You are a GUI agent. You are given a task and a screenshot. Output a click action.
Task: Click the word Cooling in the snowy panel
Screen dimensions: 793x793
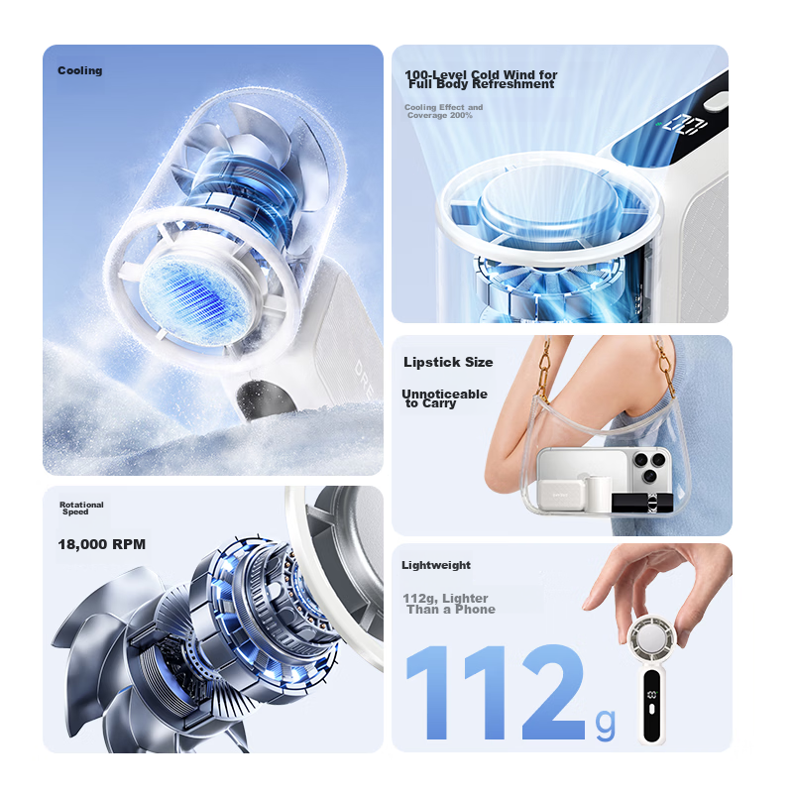pyautogui.click(x=80, y=70)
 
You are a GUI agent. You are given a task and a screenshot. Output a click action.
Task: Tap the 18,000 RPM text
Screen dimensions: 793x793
pyautogui.click(x=102, y=544)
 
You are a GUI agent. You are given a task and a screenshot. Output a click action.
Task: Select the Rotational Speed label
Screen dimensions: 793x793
pyautogui.click(x=81, y=509)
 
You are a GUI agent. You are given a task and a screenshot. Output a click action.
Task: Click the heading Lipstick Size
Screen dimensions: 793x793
pyautogui.click(x=448, y=362)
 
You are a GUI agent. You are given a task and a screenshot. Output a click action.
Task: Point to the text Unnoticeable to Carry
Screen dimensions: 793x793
pyautogui.click(x=444, y=398)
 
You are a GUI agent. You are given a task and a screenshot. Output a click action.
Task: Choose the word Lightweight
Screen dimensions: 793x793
pyautogui.click(x=436, y=565)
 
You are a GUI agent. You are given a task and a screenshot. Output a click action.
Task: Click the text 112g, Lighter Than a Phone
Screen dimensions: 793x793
pyautogui.click(x=449, y=604)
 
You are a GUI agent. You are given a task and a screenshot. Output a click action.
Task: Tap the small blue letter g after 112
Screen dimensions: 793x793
pyautogui.click(x=606, y=725)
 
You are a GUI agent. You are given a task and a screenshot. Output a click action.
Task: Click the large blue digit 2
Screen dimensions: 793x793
pyautogui.click(x=553, y=692)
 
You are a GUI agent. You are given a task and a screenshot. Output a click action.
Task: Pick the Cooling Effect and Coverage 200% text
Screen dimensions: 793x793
pyautogui.click(x=443, y=111)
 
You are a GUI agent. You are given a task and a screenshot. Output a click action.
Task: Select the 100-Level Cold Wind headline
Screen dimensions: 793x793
pyautogui.click(x=481, y=79)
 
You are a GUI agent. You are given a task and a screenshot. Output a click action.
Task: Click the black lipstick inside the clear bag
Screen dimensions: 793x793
pyautogui.click(x=642, y=503)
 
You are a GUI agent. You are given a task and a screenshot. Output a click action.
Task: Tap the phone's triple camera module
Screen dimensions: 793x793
pyautogui.click(x=650, y=467)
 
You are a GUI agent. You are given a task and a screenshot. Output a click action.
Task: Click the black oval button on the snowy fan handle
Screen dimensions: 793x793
pyautogui.click(x=266, y=399)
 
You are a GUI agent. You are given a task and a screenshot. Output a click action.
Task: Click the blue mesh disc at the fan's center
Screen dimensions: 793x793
pyautogui.click(x=193, y=296)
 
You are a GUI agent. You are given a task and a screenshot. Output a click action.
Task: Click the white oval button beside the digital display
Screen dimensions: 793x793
pyautogui.click(x=717, y=101)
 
